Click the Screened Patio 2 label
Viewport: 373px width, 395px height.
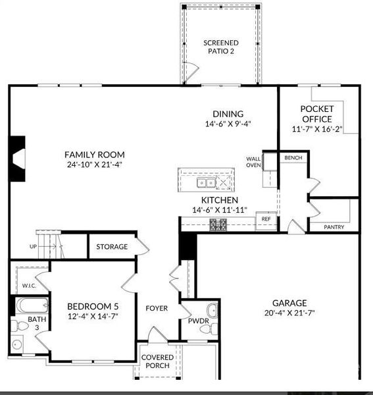(x=220, y=47)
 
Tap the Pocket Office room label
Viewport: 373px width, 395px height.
(x=316, y=114)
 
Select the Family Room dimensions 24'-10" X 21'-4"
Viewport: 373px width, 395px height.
(x=95, y=164)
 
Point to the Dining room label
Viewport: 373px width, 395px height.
(x=228, y=113)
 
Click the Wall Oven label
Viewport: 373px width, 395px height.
(x=254, y=162)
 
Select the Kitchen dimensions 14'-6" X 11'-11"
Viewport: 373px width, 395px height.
(x=220, y=210)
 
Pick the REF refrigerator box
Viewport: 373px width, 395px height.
(x=266, y=219)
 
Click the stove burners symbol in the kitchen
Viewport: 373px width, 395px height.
(x=218, y=224)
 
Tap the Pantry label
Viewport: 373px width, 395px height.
(x=334, y=226)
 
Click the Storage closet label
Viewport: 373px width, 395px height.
(x=112, y=247)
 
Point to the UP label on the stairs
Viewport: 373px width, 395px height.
(x=34, y=247)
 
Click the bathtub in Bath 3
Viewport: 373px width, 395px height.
(x=32, y=305)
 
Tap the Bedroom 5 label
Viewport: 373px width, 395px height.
(x=93, y=307)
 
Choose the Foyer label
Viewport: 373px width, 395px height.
(x=157, y=308)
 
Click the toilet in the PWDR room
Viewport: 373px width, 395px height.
(x=212, y=311)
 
